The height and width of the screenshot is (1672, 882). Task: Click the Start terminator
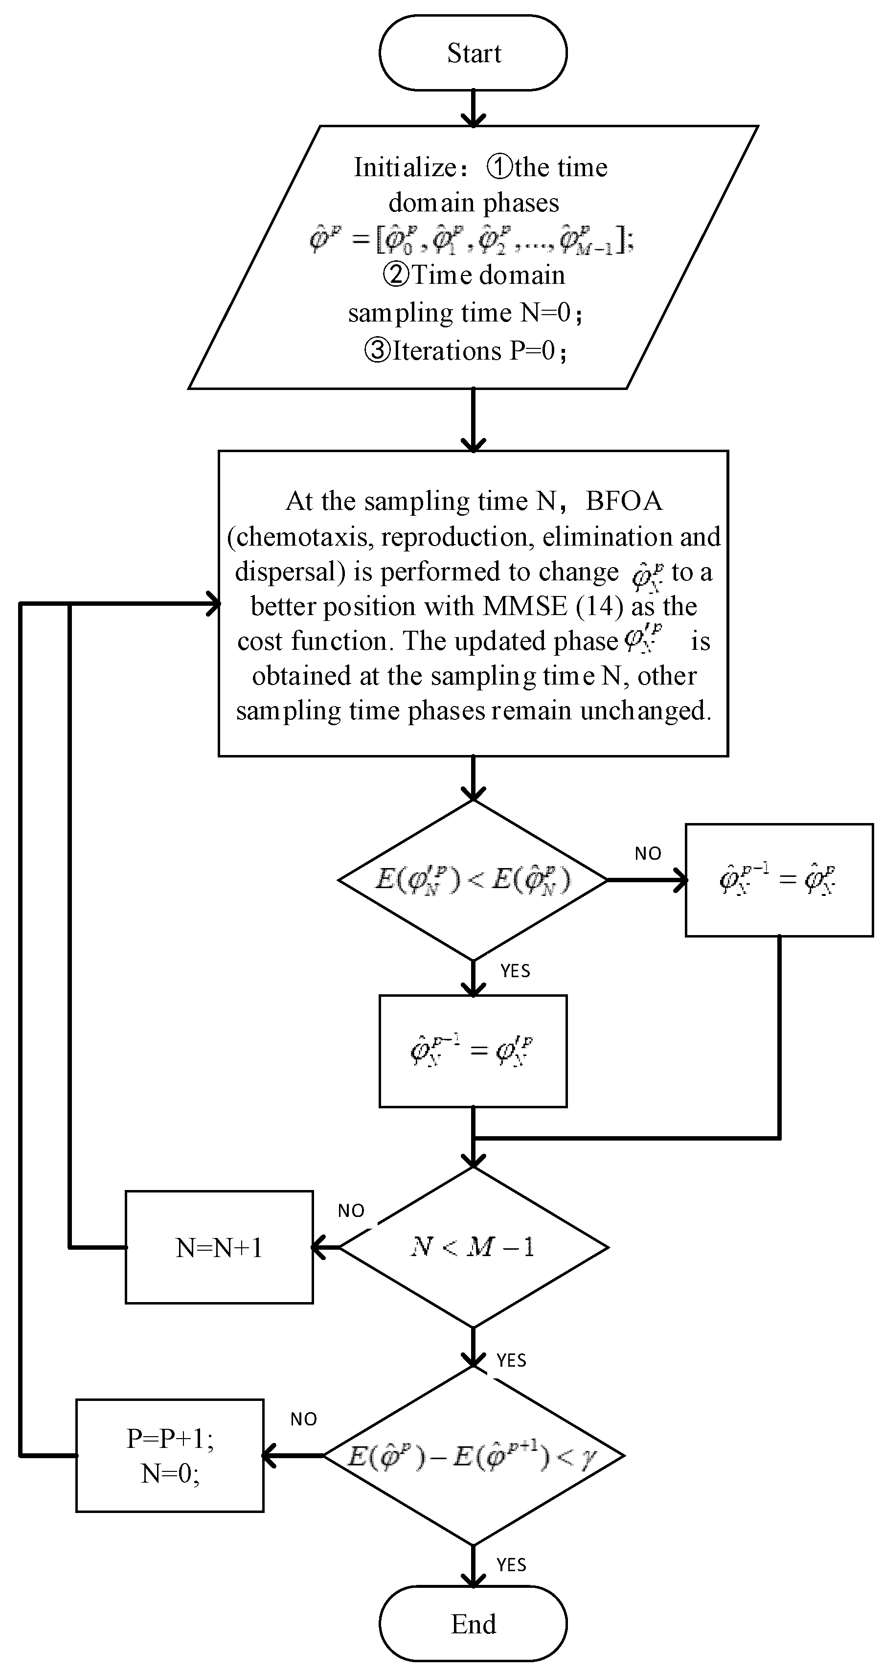(473, 52)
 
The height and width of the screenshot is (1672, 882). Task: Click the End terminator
(473, 1624)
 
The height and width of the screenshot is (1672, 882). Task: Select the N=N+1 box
(219, 1247)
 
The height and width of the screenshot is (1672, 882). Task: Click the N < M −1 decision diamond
(473, 1247)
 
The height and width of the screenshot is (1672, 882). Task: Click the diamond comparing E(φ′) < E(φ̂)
(473, 879)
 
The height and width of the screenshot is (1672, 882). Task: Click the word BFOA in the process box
(624, 501)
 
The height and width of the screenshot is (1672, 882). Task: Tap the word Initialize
(406, 167)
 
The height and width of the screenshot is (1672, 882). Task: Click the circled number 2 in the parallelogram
(395, 275)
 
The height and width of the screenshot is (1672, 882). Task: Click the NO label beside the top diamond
(648, 853)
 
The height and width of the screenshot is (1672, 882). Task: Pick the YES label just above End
(511, 1565)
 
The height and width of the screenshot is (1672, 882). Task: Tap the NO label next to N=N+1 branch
(351, 1211)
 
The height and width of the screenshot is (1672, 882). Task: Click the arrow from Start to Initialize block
(473, 107)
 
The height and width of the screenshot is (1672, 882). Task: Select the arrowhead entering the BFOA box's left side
(213, 604)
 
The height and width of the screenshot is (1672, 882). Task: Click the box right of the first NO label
(779, 879)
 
